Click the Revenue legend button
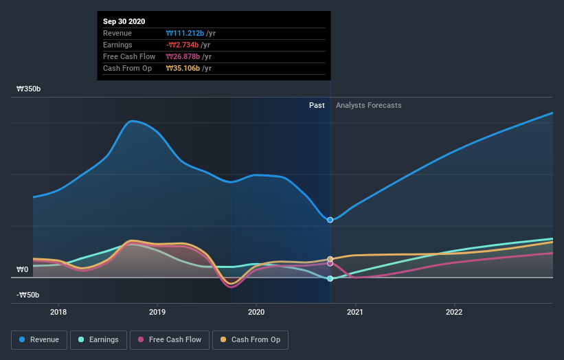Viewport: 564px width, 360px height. [40, 339]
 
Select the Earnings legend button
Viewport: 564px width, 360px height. [99, 339]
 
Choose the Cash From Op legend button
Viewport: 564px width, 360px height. [251, 339]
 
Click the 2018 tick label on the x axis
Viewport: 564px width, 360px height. [58, 311]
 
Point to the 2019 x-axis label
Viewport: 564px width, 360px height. [158, 311]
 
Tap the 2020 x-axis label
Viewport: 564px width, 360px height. [256, 311]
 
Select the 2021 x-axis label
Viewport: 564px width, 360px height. [355, 311]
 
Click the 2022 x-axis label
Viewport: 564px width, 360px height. [454, 311]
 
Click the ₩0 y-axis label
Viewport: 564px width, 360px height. [23, 269]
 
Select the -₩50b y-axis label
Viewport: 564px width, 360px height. [28, 295]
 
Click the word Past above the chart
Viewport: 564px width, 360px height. [317, 105]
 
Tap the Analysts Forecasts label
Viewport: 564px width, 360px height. [369, 105]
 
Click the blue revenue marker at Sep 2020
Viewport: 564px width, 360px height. [330, 220]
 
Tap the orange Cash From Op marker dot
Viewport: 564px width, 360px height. [330, 259]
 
